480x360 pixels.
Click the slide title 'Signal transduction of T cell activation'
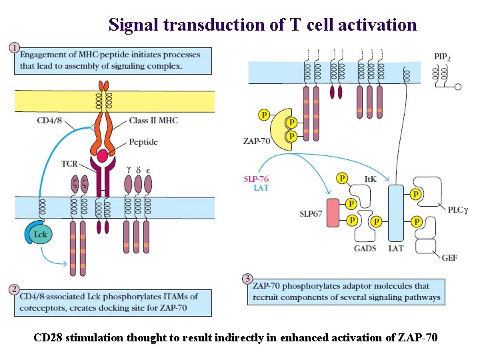(263, 25)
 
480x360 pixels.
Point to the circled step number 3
(247, 279)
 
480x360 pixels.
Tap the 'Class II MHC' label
(153, 121)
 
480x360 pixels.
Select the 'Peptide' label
(143, 142)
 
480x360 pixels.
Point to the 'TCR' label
(70, 163)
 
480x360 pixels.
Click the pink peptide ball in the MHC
(103, 157)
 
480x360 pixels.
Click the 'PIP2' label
(442, 58)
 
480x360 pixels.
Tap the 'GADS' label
(365, 249)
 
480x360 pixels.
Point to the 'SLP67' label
(311, 213)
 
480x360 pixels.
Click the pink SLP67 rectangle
(333, 213)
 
